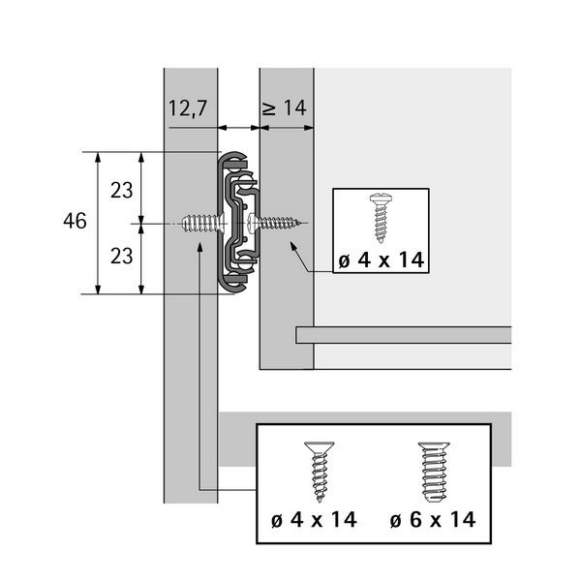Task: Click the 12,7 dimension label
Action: [188, 108]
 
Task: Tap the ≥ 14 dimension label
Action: [285, 108]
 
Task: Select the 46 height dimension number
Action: [75, 221]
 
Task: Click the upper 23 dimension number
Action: [122, 191]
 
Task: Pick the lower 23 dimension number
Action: [122, 256]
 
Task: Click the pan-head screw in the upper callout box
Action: [381, 218]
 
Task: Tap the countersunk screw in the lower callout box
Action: [320, 472]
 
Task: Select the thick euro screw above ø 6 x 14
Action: [434, 472]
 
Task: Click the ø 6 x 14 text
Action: [433, 519]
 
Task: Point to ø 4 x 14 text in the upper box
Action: [382, 260]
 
